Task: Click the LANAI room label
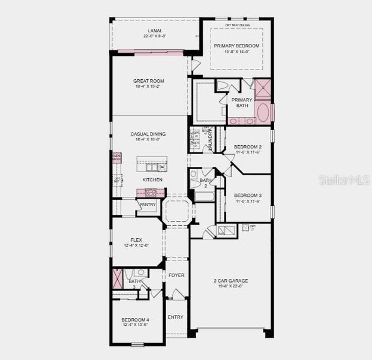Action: (x=154, y=31)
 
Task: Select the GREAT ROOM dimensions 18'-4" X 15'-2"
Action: (x=148, y=86)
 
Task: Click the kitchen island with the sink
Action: (x=151, y=164)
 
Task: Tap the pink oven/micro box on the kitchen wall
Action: (x=116, y=158)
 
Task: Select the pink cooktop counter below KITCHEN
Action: (x=150, y=193)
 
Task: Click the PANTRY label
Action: (x=148, y=205)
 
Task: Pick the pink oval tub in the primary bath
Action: (x=263, y=112)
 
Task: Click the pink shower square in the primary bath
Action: (x=263, y=89)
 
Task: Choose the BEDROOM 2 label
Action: (x=247, y=147)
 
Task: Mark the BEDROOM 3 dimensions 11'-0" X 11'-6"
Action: (x=247, y=201)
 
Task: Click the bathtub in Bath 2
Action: (x=204, y=196)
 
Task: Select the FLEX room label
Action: (x=136, y=240)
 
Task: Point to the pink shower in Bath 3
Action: (x=117, y=280)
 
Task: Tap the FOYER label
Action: (x=176, y=275)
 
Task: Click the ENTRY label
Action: (x=175, y=317)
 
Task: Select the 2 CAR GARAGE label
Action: (x=230, y=280)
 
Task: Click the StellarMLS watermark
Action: (x=344, y=180)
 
